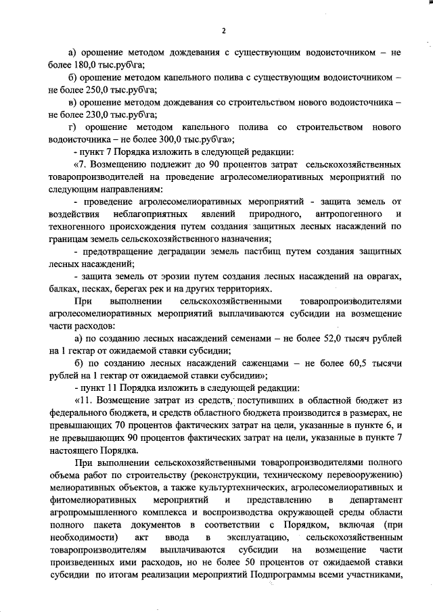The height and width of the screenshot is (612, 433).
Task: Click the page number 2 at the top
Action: pyautogui.click(x=223, y=31)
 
